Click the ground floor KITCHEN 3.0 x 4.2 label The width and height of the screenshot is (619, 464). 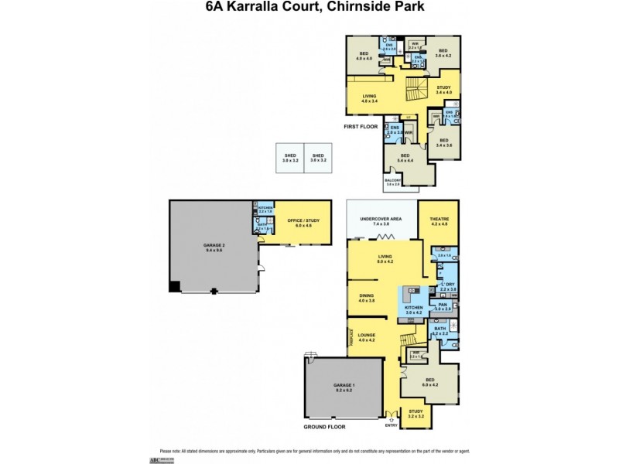(412, 309)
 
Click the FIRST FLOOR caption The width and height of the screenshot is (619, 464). (362, 125)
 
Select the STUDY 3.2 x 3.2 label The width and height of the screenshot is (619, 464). (416, 413)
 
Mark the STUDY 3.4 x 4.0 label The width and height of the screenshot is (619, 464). (448, 90)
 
